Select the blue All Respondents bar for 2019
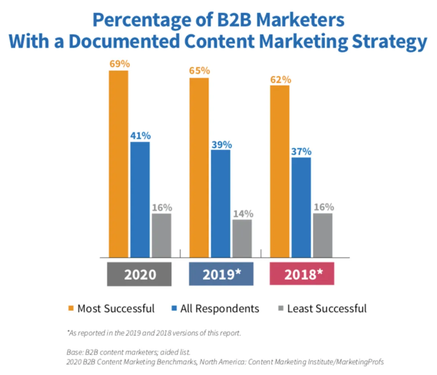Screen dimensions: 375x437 pyautogui.click(x=220, y=203)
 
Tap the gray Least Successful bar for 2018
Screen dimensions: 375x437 pyautogui.click(x=322, y=235)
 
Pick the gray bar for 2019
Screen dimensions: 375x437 pyautogui.click(x=242, y=238)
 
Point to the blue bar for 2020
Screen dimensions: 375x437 pyautogui.click(x=140, y=200)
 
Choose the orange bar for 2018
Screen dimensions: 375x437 pyautogui.click(x=280, y=171)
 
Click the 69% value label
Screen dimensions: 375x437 pyautogui.click(x=119, y=64)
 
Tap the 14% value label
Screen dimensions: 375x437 pyautogui.click(x=243, y=214)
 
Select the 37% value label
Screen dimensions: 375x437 pyautogui.click(x=301, y=151)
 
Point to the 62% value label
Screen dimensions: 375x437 pyautogui.click(x=280, y=80)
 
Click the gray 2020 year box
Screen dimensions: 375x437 pyautogui.click(x=140, y=274)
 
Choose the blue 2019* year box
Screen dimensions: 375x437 pyautogui.click(x=221, y=274)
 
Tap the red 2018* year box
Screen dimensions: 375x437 pyautogui.click(x=302, y=274)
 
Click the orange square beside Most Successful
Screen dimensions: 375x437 pyautogui.click(x=71, y=308)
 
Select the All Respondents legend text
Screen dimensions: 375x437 pyautogui.click(x=220, y=308)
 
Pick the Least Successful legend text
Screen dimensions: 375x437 pyautogui.click(x=327, y=308)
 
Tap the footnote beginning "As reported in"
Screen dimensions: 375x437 pyautogui.click(x=154, y=333)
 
